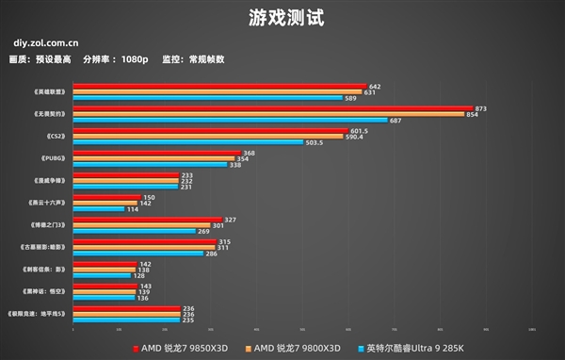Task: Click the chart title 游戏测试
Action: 282,17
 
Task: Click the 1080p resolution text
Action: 134,58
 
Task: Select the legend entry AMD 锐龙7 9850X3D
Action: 185,347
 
